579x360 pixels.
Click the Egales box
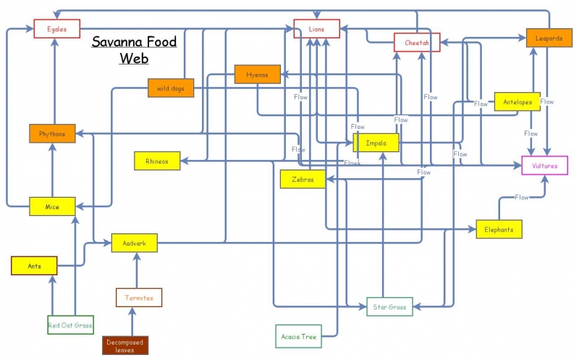coord(56,29)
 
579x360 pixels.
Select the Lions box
coord(317,29)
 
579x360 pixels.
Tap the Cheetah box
coord(417,43)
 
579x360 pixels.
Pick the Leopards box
coord(549,38)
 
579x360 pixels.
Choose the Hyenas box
coord(257,74)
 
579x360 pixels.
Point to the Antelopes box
coord(517,101)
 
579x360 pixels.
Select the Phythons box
coord(52,133)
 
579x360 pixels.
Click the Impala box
coord(376,143)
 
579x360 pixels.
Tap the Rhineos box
coord(157,161)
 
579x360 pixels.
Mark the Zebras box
coord(303,179)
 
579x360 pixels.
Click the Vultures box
coord(545,165)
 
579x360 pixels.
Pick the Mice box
coord(52,206)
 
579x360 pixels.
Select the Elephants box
coord(499,229)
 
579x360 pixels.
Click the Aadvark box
coord(134,243)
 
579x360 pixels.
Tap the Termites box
coord(139,297)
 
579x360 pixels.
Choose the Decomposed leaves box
coord(125,345)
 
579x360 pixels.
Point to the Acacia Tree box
coord(298,337)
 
